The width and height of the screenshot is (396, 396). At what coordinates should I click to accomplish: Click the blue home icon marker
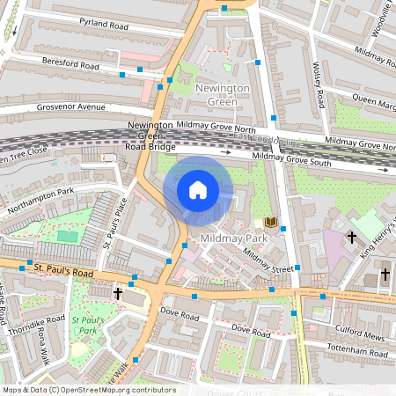click(198, 189)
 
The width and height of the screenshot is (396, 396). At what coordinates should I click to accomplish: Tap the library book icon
click(270, 223)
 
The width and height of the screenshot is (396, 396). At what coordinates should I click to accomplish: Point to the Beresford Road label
click(71, 63)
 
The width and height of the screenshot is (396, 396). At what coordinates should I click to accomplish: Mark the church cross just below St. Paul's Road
click(118, 293)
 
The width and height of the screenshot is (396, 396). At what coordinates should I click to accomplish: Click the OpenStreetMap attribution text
click(88, 390)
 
